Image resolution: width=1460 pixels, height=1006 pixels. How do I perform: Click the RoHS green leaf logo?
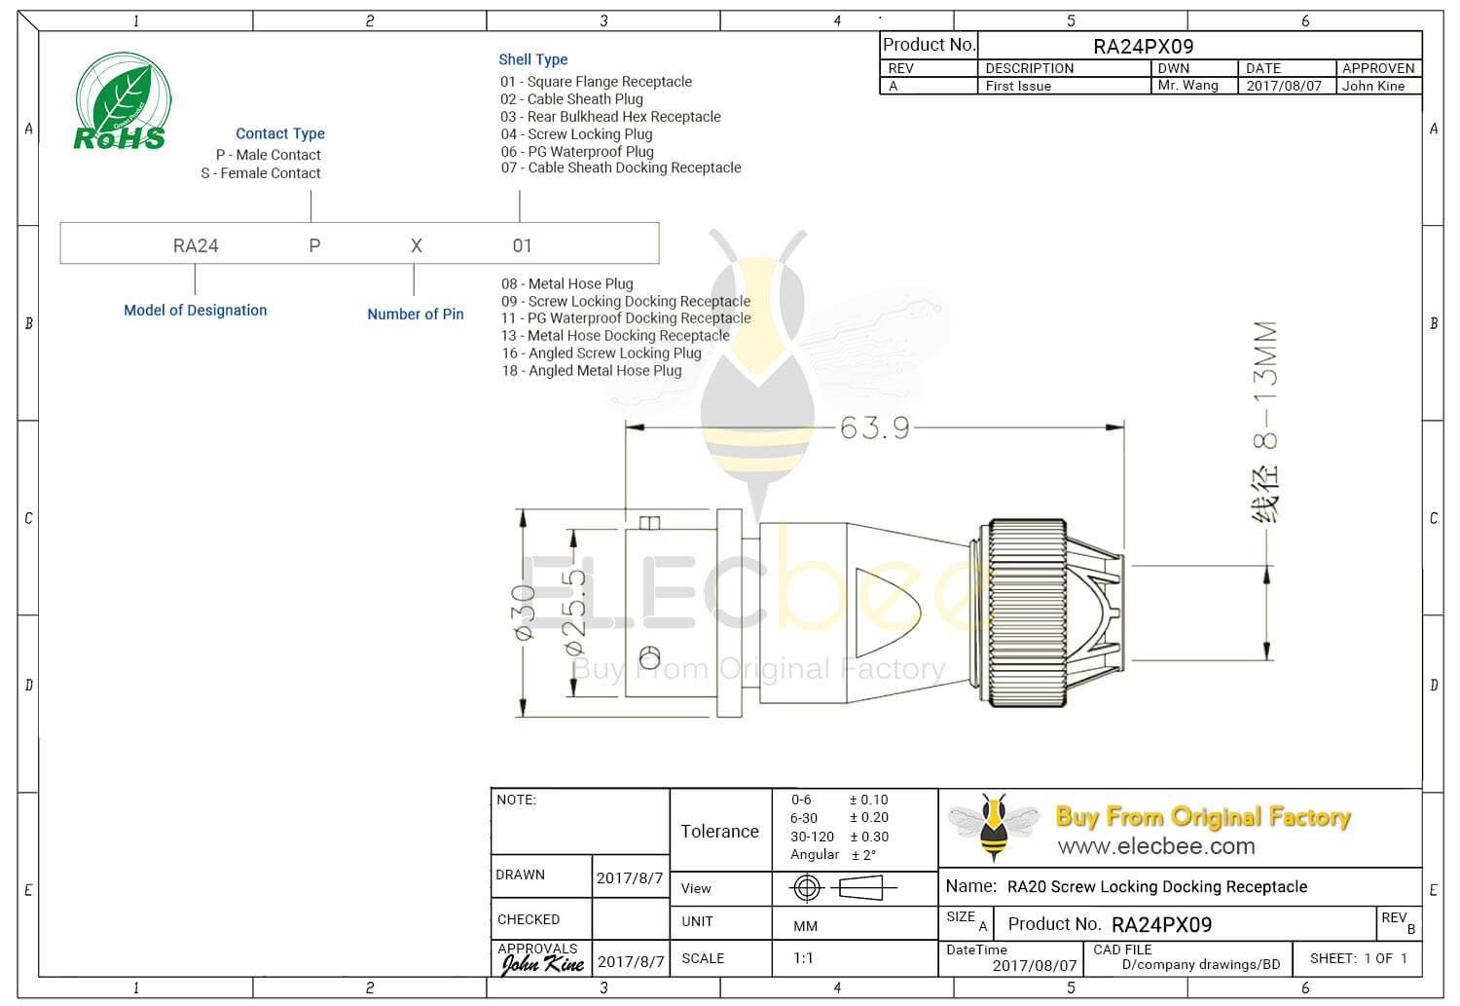point(122,101)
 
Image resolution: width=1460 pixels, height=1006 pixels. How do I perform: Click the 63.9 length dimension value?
point(874,428)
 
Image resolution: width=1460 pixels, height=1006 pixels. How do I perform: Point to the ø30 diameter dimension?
point(524,613)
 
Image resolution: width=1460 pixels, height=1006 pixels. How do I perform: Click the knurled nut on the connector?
point(1027,614)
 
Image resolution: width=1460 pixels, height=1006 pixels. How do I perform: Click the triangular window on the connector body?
point(885,613)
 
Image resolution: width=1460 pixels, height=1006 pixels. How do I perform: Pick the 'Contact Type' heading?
point(280,133)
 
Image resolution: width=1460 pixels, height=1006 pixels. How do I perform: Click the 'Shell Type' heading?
point(532,59)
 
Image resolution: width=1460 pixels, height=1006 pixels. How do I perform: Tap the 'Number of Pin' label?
point(416,314)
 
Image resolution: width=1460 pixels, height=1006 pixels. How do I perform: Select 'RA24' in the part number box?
point(196,245)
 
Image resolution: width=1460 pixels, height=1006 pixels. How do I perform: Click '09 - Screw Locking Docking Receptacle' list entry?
point(626,301)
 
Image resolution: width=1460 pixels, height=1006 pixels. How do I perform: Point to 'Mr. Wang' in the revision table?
point(1187,86)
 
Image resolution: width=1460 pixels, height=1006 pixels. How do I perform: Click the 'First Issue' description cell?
point(1018,86)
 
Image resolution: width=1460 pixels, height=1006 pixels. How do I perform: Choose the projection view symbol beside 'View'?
point(842,887)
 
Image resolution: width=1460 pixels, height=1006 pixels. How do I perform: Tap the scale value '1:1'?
point(803,958)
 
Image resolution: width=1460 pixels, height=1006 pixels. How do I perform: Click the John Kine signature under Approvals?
point(542,964)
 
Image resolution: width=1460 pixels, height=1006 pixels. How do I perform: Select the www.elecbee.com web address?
point(1156,846)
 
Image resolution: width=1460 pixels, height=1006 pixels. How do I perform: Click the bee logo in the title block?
point(993,826)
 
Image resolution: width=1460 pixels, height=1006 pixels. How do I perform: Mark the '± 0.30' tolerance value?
point(869,837)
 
